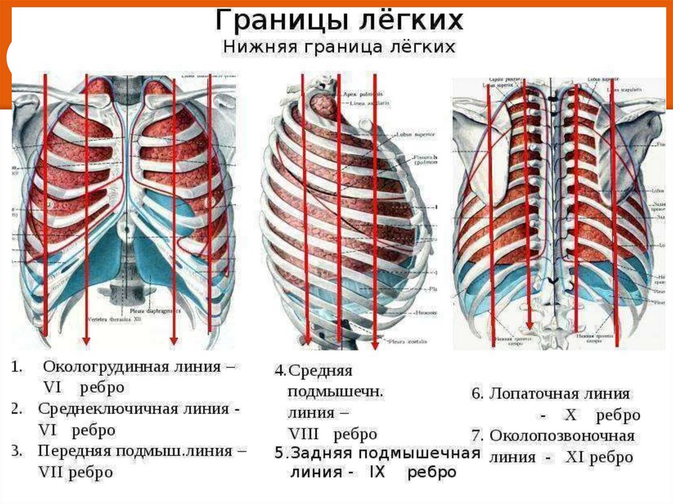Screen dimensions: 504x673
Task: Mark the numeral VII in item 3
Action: coord(51,472)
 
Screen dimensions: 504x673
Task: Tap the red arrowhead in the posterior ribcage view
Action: coord(528,325)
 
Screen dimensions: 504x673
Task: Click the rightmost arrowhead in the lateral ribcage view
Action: coord(375,344)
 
